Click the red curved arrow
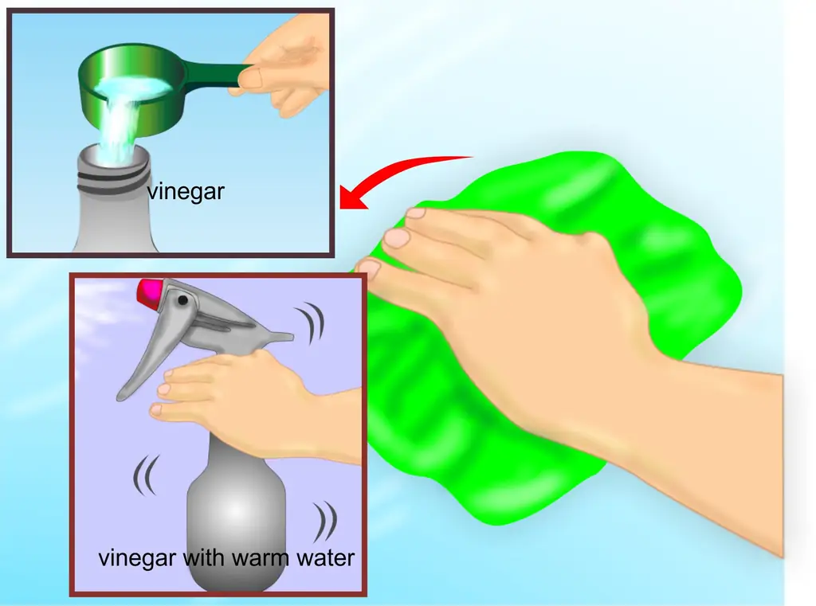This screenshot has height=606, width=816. [395, 172]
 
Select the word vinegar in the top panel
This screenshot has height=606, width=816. [186, 191]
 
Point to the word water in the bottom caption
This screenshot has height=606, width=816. [325, 558]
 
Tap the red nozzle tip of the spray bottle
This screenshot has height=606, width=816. [149, 292]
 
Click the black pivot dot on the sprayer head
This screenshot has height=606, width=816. [182, 300]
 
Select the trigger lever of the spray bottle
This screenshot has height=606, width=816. [139, 359]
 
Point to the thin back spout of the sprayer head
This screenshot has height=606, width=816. [276, 335]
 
